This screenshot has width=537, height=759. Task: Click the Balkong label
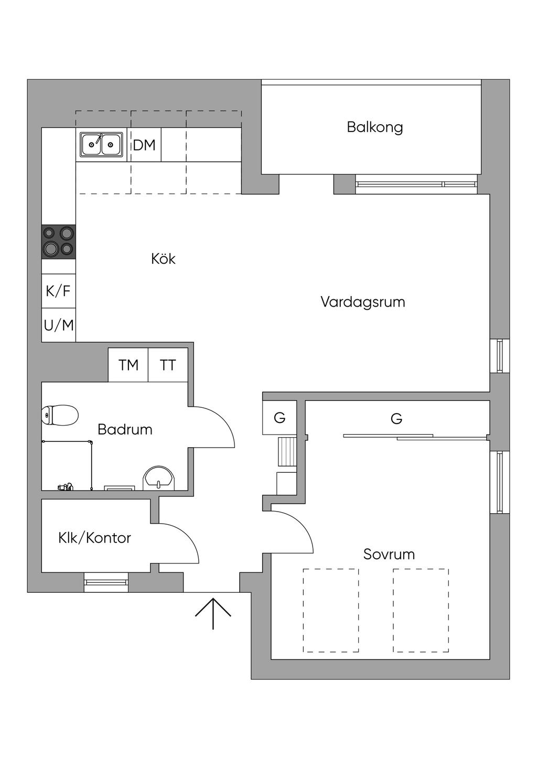click(x=374, y=128)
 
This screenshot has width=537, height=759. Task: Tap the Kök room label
click(x=163, y=259)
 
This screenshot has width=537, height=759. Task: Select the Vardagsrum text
click(x=363, y=302)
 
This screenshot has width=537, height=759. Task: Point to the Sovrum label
click(x=389, y=555)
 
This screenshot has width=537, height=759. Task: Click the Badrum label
click(x=125, y=430)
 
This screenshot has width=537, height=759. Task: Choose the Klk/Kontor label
click(x=94, y=538)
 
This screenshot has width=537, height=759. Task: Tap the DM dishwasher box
click(x=144, y=145)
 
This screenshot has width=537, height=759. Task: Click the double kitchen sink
click(x=101, y=145)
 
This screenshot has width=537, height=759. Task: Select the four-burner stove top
click(x=59, y=242)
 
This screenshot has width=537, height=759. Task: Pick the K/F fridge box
click(x=59, y=291)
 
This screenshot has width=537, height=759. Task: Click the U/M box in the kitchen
click(x=59, y=325)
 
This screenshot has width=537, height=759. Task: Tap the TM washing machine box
click(x=128, y=365)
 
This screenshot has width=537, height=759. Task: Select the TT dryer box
click(x=168, y=365)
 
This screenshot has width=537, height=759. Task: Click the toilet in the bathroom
click(x=60, y=415)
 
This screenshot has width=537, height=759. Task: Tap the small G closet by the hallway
click(x=280, y=418)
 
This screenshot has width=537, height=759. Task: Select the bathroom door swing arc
click(x=221, y=417)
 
